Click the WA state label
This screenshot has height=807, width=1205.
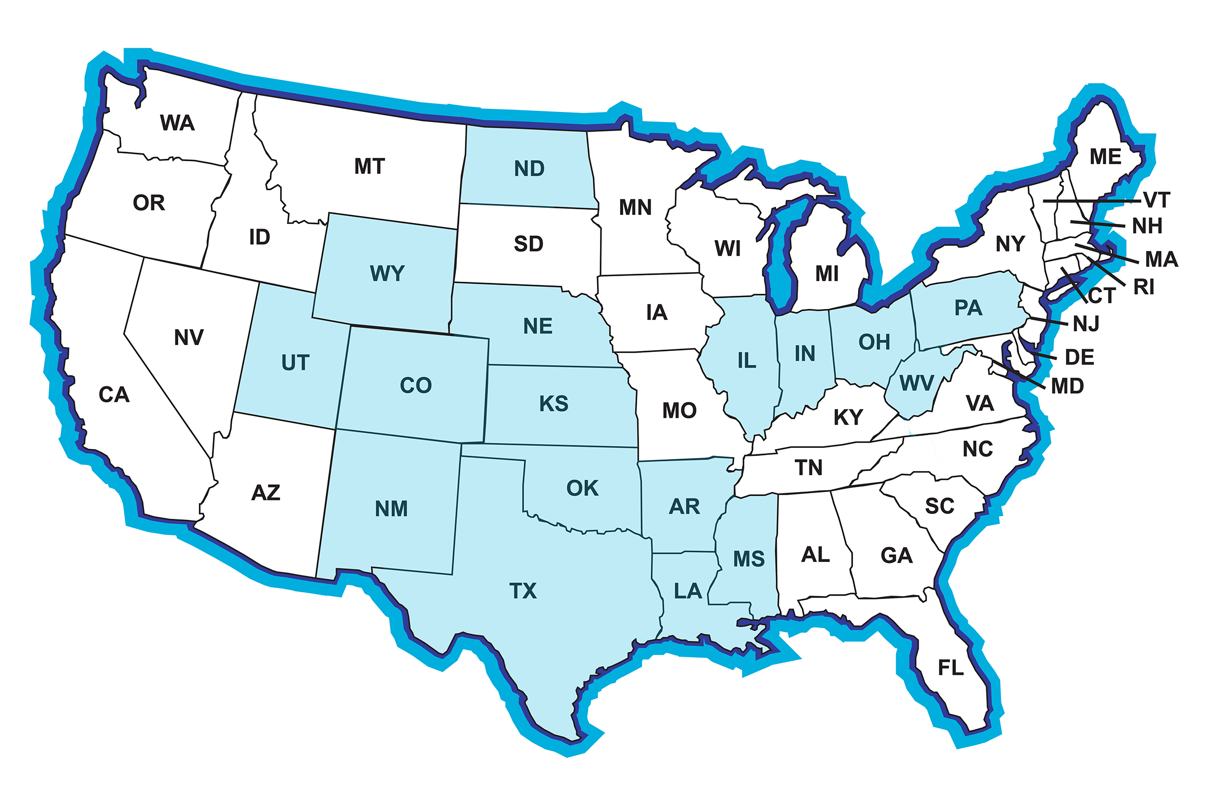(177, 123)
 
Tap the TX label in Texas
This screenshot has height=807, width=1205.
(523, 591)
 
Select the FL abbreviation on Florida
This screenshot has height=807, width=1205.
(950, 668)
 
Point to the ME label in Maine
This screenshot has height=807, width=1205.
(1105, 157)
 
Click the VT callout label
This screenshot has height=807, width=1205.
(1157, 200)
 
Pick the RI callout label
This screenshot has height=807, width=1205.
(1143, 287)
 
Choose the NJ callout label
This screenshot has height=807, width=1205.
(1086, 324)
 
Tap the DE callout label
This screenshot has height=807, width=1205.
(1079, 357)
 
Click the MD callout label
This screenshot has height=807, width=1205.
(1067, 386)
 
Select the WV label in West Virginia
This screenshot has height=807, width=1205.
(916, 383)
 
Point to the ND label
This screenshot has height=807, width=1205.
(529, 169)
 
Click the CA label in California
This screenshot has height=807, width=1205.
(113, 395)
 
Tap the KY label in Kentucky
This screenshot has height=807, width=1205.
(848, 417)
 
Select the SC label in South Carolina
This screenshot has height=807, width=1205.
(939, 506)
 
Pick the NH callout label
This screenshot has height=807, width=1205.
(1147, 226)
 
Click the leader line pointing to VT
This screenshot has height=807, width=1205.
(1091, 201)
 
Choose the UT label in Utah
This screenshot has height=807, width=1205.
(295, 363)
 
